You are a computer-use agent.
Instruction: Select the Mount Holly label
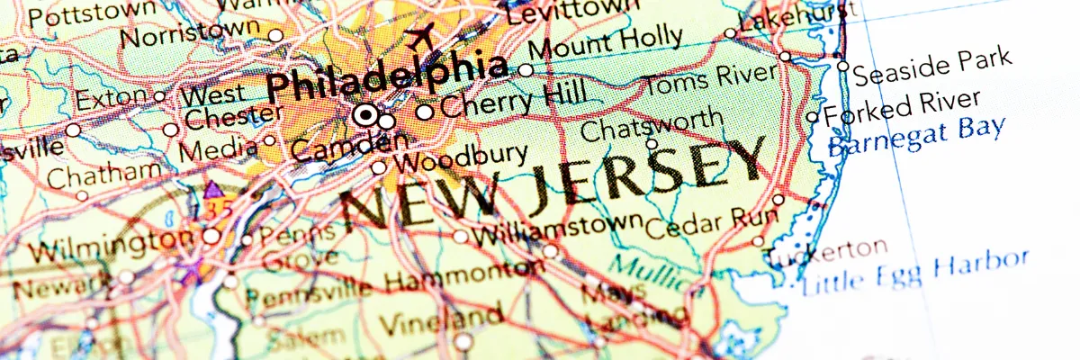point(606,44)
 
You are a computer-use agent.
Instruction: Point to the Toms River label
point(710,80)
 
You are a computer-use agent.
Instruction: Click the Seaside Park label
point(932,66)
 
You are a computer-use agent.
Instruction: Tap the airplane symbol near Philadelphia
point(419,37)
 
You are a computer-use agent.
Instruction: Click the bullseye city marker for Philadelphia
point(365,115)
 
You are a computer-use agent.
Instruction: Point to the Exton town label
point(111,96)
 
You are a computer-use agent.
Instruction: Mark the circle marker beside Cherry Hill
point(424,112)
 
